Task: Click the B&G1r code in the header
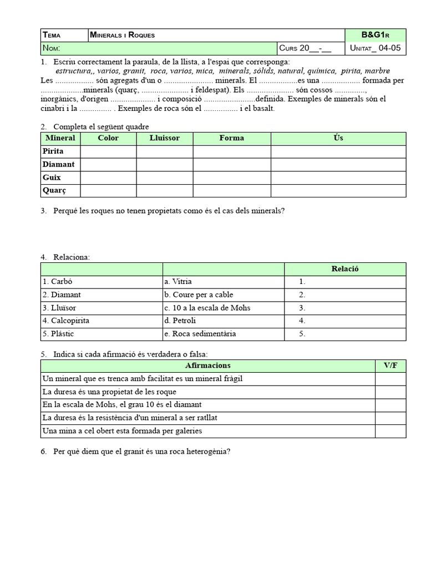pyautogui.click(x=376, y=35)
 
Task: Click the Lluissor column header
pyautogui.click(x=164, y=138)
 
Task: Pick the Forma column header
pyautogui.click(x=231, y=138)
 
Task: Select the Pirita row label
pyautogui.click(x=53, y=151)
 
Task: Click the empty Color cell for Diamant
pyautogui.click(x=108, y=164)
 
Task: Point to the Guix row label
pyautogui.click(x=52, y=177)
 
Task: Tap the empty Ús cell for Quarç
pyautogui.click(x=338, y=191)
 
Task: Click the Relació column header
pyautogui.click(x=345, y=269)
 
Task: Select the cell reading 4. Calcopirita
pyautogui.click(x=66, y=321)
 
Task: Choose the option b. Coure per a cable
pyautogui.click(x=198, y=295)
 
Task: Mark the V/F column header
pyautogui.click(x=390, y=366)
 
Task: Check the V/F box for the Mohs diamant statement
pyautogui.click(x=390, y=405)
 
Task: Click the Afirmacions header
pyautogui.click(x=207, y=366)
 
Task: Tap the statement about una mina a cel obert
pyautogui.click(x=122, y=431)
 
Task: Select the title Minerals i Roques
pyautogui.click(x=123, y=35)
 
